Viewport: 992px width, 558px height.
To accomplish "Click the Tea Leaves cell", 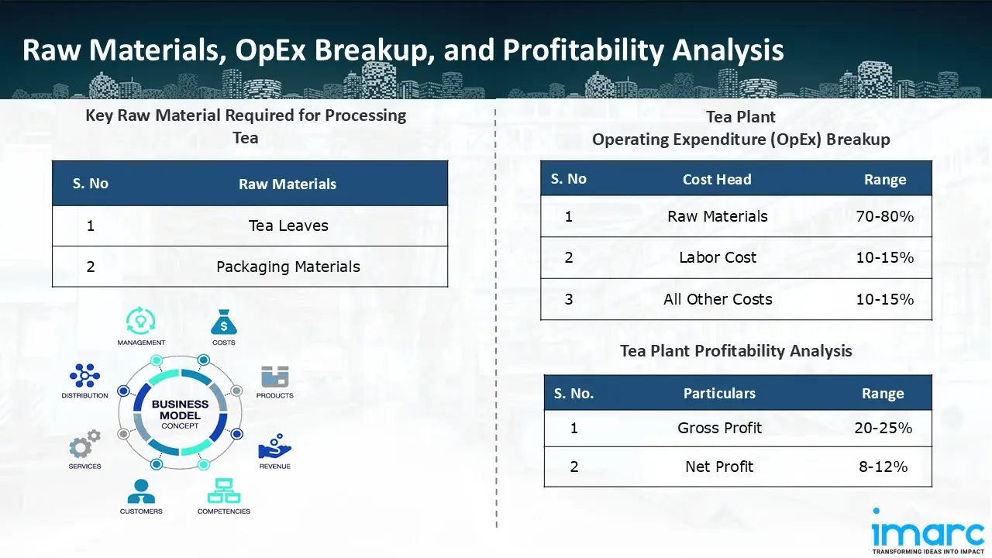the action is pyautogui.click(x=288, y=226).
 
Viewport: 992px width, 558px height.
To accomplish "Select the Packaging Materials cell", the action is pyautogui.click(x=288, y=267).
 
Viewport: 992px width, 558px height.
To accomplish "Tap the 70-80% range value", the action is pyautogui.click(x=885, y=216).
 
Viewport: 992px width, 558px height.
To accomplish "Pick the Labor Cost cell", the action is pyautogui.click(x=718, y=257).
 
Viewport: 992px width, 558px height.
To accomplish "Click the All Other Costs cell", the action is pyautogui.click(x=718, y=299).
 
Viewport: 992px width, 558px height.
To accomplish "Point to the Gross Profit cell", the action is pyautogui.click(x=719, y=428).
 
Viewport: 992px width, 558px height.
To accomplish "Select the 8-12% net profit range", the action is pyautogui.click(x=883, y=467).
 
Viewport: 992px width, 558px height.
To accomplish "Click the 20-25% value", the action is pyautogui.click(x=883, y=428).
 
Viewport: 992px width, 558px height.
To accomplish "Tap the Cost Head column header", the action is pyautogui.click(x=717, y=179).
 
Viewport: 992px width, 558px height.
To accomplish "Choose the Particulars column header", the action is pyautogui.click(x=719, y=393).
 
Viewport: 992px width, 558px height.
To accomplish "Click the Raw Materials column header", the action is pyautogui.click(x=288, y=184).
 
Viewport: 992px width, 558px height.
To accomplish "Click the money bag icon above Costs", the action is pyautogui.click(x=224, y=322).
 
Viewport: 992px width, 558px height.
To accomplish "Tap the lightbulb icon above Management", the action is pyautogui.click(x=141, y=321).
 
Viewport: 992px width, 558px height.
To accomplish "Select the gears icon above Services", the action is pyautogui.click(x=84, y=444).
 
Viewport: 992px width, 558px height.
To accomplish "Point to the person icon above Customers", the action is pyautogui.click(x=141, y=491).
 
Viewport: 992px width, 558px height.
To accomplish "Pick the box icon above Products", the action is pyautogui.click(x=274, y=377).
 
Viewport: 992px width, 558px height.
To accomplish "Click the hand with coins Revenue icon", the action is pyautogui.click(x=274, y=446).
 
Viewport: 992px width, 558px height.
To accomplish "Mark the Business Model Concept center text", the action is pyautogui.click(x=180, y=415).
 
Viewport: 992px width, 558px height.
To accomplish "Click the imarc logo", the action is pyautogui.click(x=928, y=531).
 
